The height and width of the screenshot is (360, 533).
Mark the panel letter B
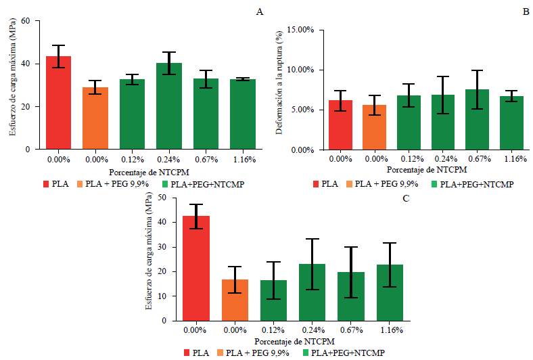tap(525, 12)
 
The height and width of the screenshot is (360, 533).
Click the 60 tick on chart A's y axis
tap(26, 21)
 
